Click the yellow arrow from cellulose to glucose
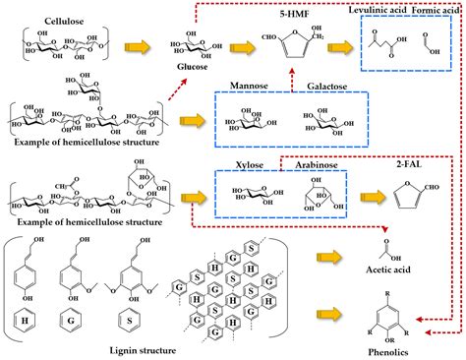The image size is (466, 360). (144, 50)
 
